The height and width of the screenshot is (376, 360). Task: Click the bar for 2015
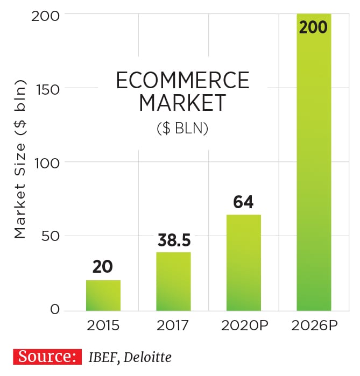[103, 295]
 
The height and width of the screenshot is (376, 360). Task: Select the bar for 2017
[173, 281]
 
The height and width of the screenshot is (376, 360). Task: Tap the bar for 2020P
[244, 263]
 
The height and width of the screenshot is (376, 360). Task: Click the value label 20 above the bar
[103, 267]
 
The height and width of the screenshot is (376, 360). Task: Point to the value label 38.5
[174, 239]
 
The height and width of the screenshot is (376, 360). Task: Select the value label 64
[243, 202]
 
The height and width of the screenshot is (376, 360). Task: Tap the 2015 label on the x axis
[103, 325]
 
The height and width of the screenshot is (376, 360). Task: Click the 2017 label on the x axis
[173, 325]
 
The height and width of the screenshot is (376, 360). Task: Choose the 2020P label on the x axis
[243, 325]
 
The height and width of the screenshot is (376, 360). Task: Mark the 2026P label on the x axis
[314, 325]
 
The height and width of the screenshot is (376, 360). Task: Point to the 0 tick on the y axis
[55, 310]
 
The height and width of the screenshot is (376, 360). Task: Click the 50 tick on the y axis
[50, 236]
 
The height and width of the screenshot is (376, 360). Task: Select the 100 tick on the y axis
[46, 162]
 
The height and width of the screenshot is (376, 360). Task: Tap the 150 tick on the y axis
[46, 89]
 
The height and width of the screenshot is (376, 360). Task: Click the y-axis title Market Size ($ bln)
[20, 161]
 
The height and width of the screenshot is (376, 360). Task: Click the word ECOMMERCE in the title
[183, 81]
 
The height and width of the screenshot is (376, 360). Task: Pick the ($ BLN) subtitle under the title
[182, 130]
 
